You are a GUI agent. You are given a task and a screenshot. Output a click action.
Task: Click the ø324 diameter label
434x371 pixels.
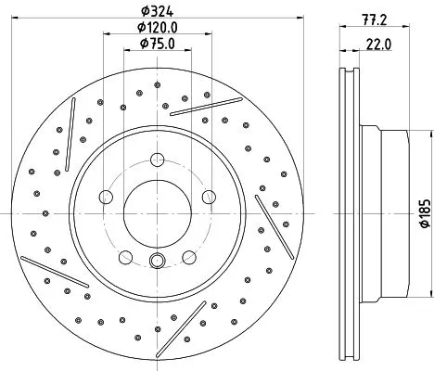pos(157,12)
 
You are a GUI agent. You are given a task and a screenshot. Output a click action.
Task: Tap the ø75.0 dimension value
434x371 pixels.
pos(157,43)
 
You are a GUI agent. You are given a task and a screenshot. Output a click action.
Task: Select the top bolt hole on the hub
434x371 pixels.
pos(157,152)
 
